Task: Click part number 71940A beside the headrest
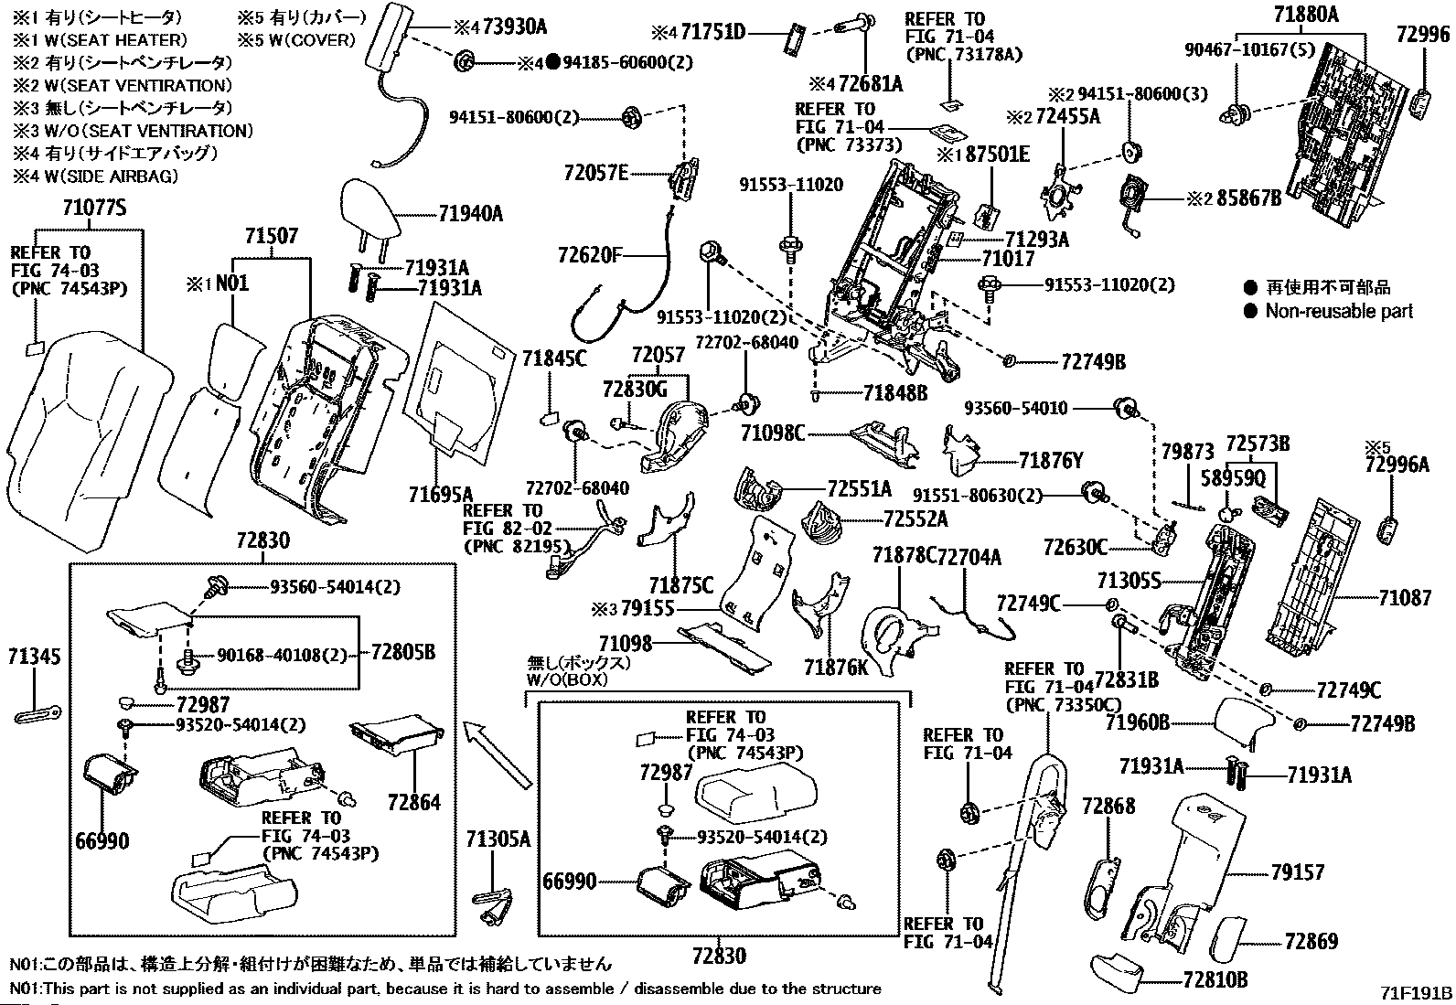pos(470,213)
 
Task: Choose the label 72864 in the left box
pos(413,802)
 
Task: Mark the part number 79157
pos(1297,872)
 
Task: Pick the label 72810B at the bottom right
pos(1215,979)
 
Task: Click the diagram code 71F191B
pos(1417,993)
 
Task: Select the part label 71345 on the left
pos(35,657)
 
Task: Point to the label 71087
pos(1405,598)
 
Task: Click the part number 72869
pos(1311,940)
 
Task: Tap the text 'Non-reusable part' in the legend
pos(1339,311)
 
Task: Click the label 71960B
pos(1138,722)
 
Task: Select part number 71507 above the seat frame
pos(272,236)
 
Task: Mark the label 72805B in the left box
pos(402,652)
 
